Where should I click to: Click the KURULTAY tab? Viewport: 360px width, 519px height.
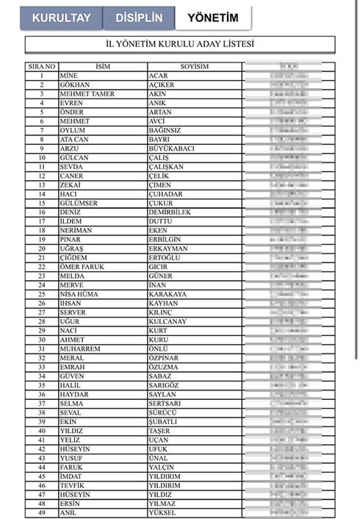[x=61, y=18]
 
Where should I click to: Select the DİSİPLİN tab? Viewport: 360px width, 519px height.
[x=138, y=18]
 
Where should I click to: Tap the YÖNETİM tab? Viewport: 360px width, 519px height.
[x=212, y=18]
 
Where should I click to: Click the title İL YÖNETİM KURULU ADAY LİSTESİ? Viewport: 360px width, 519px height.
[x=180, y=45]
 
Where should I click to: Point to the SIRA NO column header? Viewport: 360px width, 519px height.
[x=42, y=67]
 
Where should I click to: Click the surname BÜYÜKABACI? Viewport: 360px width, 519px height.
[x=171, y=148]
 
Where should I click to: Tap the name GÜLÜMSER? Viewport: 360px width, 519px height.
[x=78, y=204]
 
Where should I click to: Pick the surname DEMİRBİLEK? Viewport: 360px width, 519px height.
[x=170, y=212]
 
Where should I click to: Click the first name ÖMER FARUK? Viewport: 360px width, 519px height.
[x=81, y=267]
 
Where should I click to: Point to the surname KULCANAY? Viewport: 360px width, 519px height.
[x=168, y=321]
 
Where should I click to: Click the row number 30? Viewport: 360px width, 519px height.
[x=42, y=340]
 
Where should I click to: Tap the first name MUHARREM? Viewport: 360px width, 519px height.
[x=79, y=348]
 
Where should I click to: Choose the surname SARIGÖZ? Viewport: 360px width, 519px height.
[x=165, y=384]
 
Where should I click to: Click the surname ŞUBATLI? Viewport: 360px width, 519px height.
[x=164, y=421]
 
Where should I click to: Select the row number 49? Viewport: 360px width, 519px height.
[x=42, y=512]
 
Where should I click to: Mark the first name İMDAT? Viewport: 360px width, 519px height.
[x=71, y=476]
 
